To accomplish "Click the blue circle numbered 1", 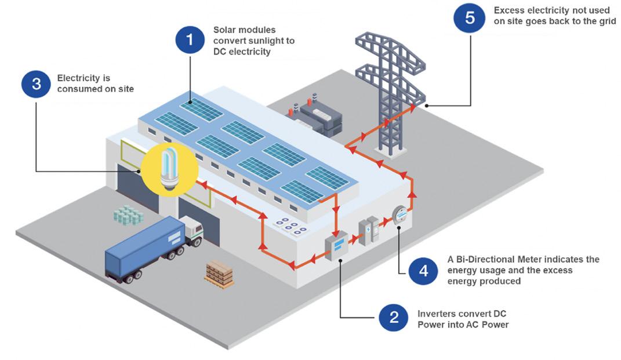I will point(190,41).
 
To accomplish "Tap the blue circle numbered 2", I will point(394,317).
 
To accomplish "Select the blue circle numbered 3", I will point(37,83).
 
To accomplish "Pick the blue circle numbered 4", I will point(423,271).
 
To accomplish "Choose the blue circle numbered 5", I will point(470,18).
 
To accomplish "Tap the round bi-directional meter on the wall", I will point(399,216).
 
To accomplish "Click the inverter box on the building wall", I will point(336,246).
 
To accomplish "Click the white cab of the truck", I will point(191,231).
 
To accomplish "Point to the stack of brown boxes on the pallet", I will point(219,272).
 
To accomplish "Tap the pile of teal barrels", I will point(128,215).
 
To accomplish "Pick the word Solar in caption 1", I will point(224,30).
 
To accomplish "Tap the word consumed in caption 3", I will point(78,89).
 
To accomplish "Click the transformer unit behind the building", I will point(317,116).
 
